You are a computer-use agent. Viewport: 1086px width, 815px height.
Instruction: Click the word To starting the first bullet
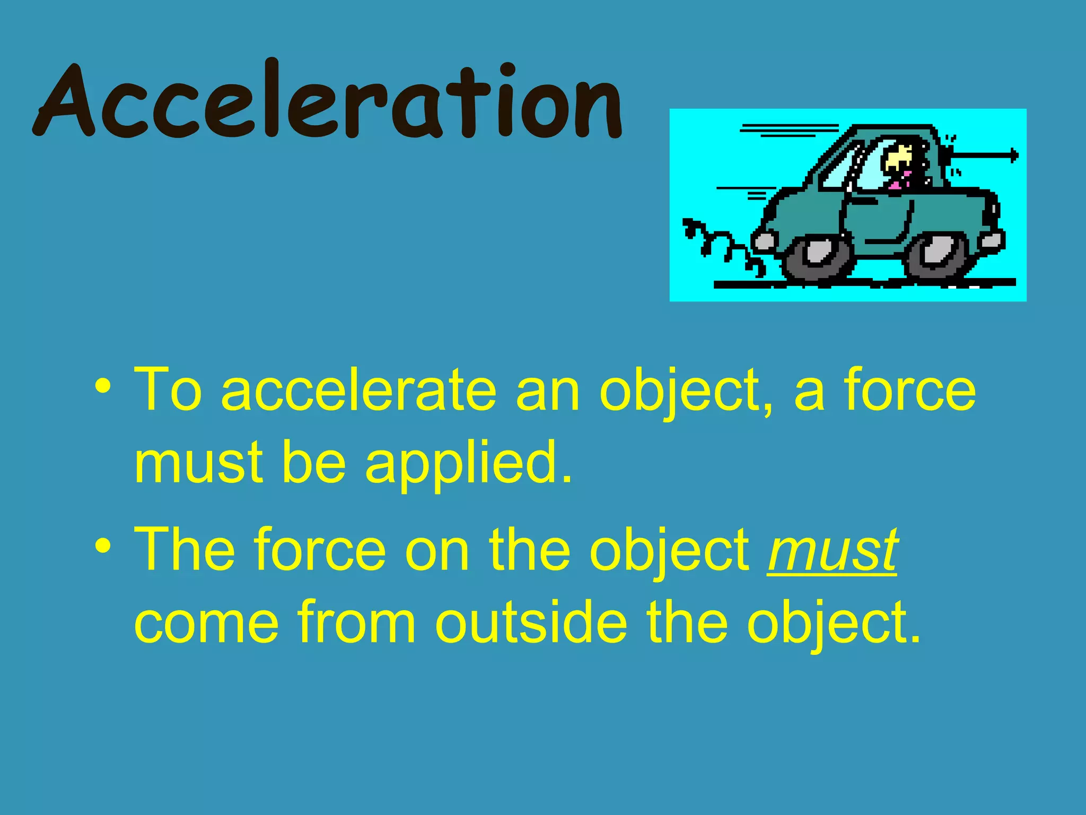pyautogui.click(x=168, y=390)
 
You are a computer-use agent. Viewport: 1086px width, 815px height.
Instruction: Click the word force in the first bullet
pyautogui.click(x=910, y=390)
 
